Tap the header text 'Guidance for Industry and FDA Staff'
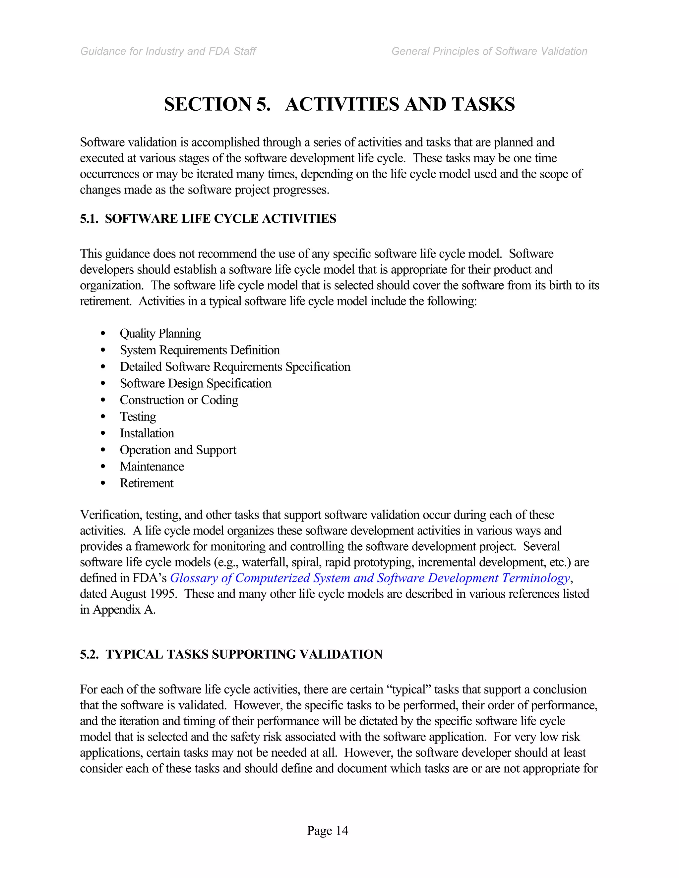coord(168,51)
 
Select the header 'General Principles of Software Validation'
coord(489,51)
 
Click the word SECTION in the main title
coord(207,104)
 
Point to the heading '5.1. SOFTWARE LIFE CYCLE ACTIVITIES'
coord(208,219)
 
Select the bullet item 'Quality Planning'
coord(160,334)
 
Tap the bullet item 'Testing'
coord(138,417)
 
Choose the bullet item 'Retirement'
coord(147,483)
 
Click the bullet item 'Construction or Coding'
coord(179,400)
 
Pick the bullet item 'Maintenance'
coord(152,467)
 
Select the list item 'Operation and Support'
coord(178,450)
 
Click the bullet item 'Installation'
coord(147,433)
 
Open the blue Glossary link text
coord(370,578)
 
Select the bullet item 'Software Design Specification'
coord(196,384)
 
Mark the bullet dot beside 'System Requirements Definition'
coord(103,350)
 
